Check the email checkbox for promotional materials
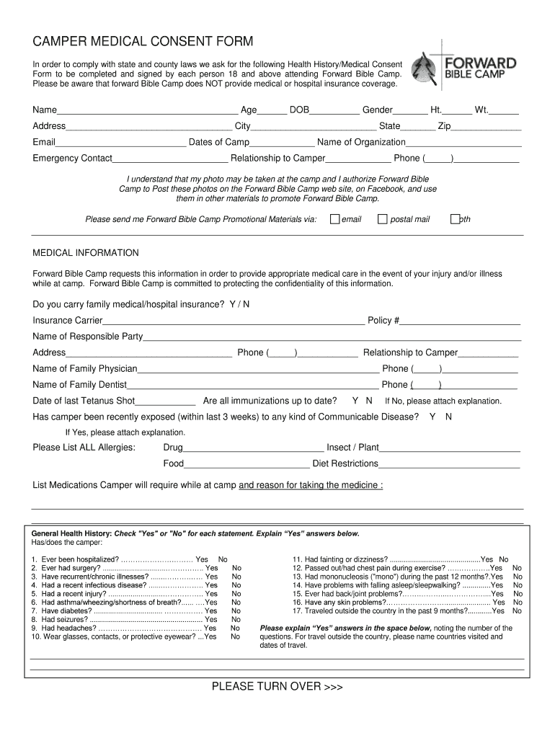pos(334,219)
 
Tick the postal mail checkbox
pos(383,219)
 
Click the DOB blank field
pos(335,112)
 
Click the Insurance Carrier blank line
pos(234,321)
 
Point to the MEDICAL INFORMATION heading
pos(86,253)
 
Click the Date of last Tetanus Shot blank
pos(165,402)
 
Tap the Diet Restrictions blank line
pos(449,465)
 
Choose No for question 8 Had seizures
pos(236,619)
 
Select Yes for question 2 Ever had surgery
pos(211,568)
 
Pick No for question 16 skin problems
pos(517,602)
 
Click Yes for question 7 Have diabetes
pos(211,610)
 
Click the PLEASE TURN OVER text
pos(277,687)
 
